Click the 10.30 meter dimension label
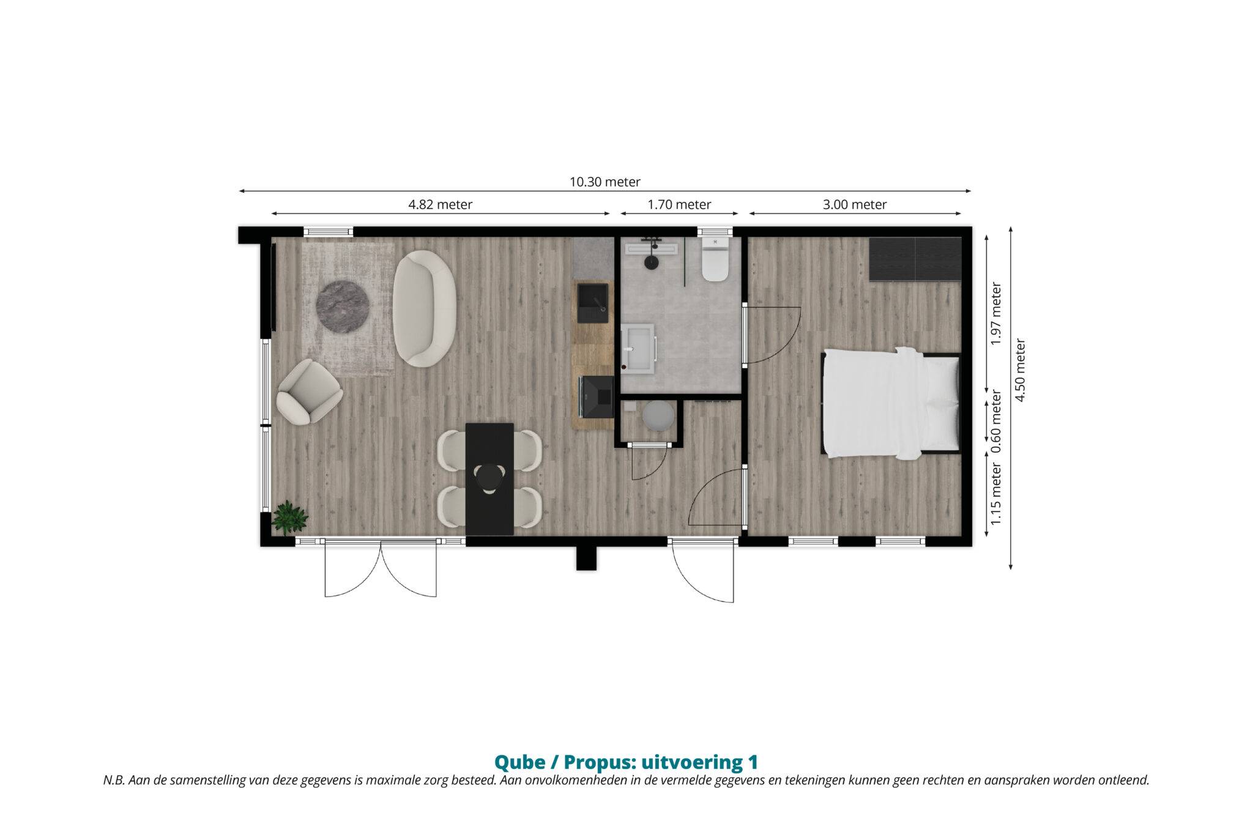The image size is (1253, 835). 605,182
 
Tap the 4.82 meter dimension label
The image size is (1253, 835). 440,204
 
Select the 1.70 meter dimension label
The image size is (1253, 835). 679,204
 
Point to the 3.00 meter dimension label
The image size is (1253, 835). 854,204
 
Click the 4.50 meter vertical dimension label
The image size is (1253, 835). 1020,370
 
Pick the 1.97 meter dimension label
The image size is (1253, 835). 996,313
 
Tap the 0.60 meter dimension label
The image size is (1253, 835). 996,421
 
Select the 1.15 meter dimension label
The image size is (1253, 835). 996,494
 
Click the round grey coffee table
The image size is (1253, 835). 343,306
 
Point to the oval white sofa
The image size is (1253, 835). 425,308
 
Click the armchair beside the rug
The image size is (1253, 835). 309,392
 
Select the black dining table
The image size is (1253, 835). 489,479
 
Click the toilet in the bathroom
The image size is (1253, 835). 715,259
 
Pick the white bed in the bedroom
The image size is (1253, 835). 890,403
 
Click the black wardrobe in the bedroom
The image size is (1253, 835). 915,259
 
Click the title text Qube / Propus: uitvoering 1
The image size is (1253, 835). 626,762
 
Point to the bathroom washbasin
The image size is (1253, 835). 639,348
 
